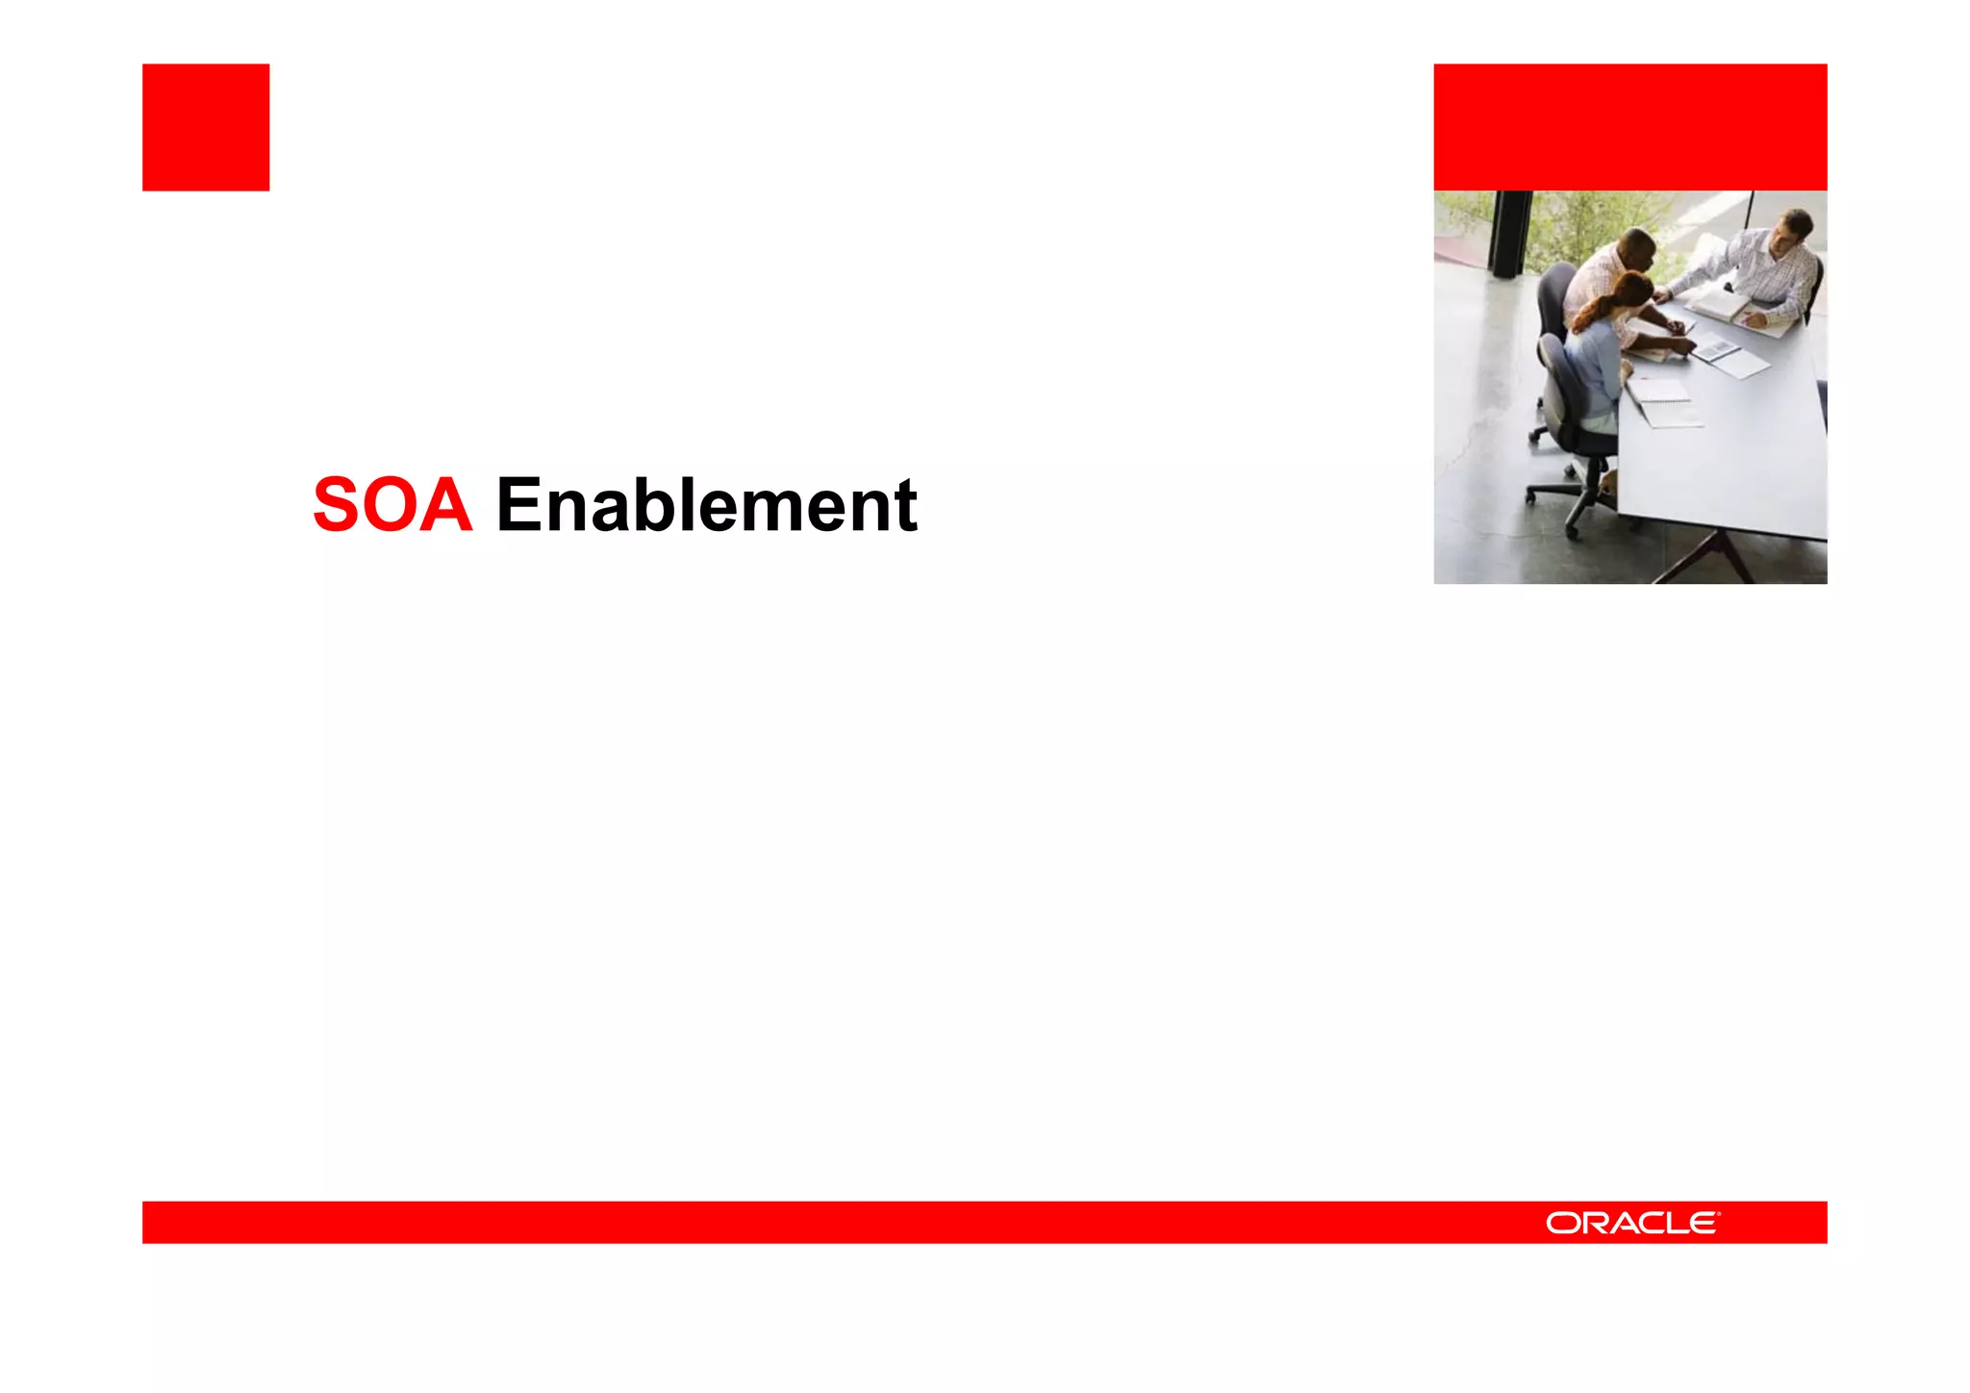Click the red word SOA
[x=392, y=505]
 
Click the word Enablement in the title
[x=706, y=505]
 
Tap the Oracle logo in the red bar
[x=1632, y=1223]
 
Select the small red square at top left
[x=206, y=127]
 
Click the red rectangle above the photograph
[x=1629, y=127]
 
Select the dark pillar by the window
[x=1510, y=231]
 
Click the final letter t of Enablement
[x=904, y=505]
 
